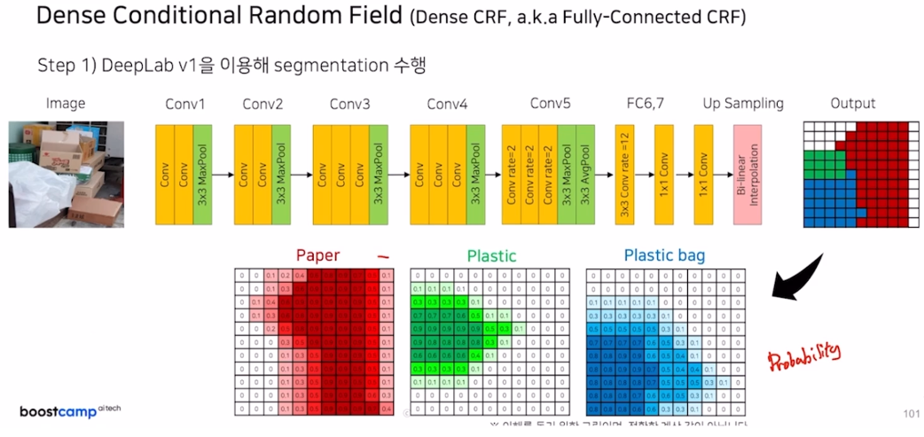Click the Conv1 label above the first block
185,104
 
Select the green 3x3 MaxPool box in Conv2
282,176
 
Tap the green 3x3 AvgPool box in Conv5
585,176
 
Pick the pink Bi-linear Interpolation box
747,176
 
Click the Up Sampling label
743,104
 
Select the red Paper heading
317,255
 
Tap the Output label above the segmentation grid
853,104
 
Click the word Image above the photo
66,104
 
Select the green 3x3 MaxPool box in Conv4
475,176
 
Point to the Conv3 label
349,104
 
